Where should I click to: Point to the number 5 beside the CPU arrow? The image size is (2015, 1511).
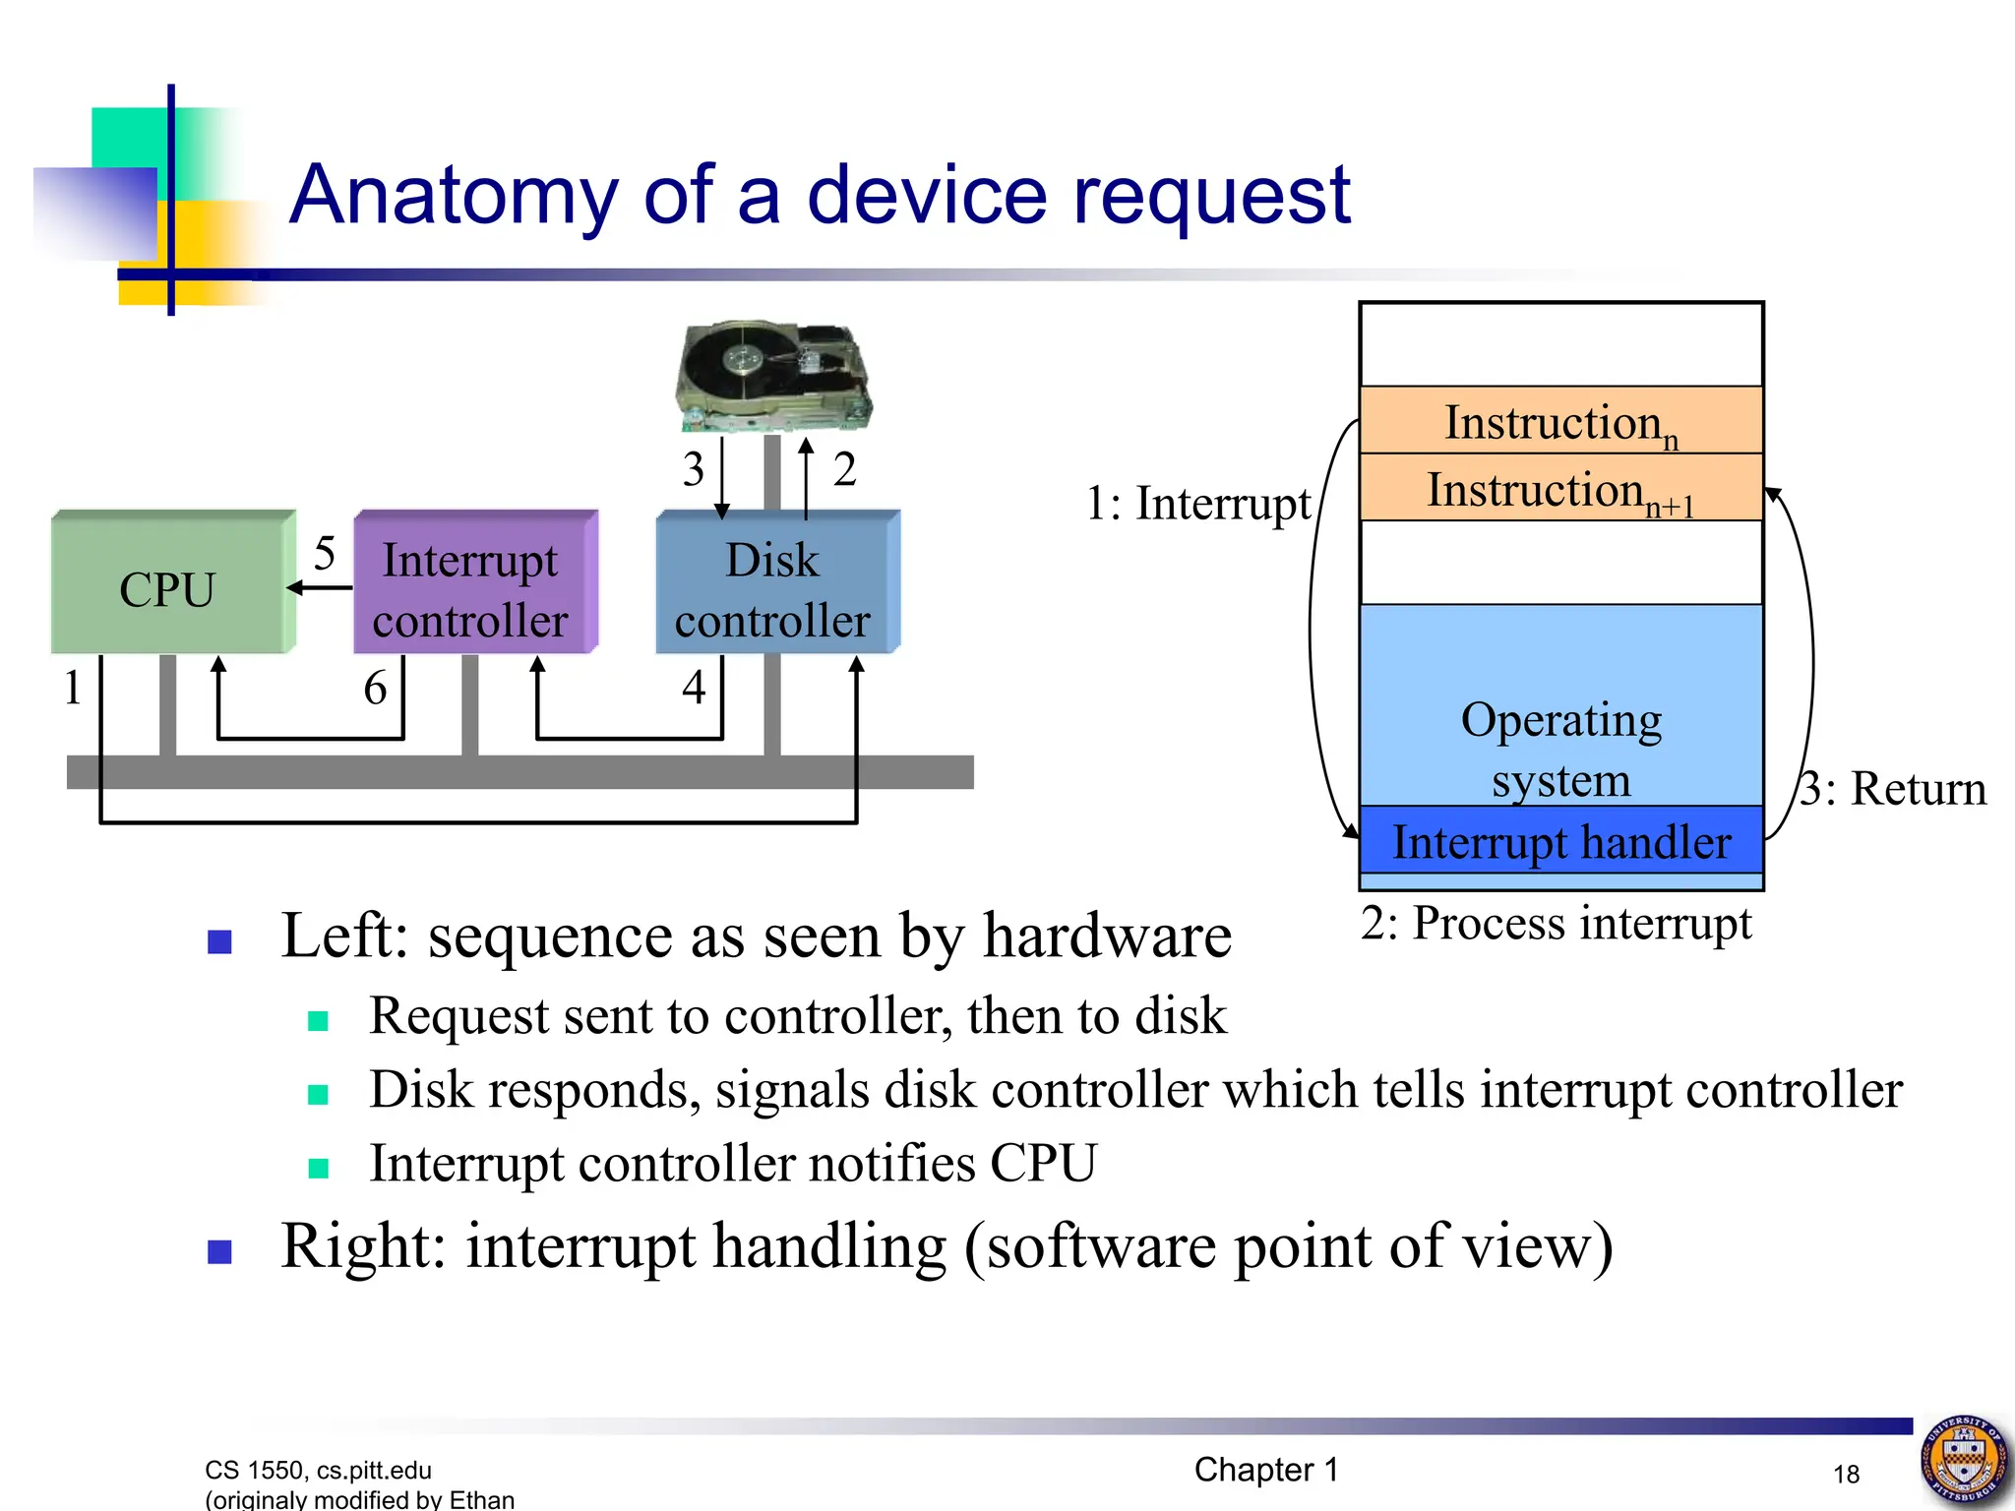pyautogui.click(x=325, y=554)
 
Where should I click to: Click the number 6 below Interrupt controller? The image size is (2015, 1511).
pyautogui.click(x=375, y=688)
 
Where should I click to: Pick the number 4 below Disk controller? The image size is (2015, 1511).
pyautogui.click(x=694, y=687)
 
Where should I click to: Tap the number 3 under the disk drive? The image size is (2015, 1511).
pyautogui.click(x=694, y=469)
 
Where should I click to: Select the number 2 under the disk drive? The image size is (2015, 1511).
pyautogui.click(x=844, y=469)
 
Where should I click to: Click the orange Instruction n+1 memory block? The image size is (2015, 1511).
pyautogui.click(x=1560, y=489)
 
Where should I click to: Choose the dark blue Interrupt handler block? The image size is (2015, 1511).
pyautogui.click(x=1560, y=842)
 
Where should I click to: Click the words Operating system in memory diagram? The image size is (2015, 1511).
pyautogui.click(x=1560, y=748)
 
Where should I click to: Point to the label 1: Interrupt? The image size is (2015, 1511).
pyautogui.click(x=1197, y=504)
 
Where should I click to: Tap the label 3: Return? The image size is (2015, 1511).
pyautogui.click(x=1892, y=789)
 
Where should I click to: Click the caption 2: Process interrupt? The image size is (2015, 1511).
pyautogui.click(x=1556, y=923)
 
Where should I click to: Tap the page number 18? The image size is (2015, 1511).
pyautogui.click(x=1846, y=1474)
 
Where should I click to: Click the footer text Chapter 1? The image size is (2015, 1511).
pyautogui.click(x=1266, y=1470)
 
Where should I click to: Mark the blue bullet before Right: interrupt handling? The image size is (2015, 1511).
pyautogui.click(x=219, y=1251)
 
